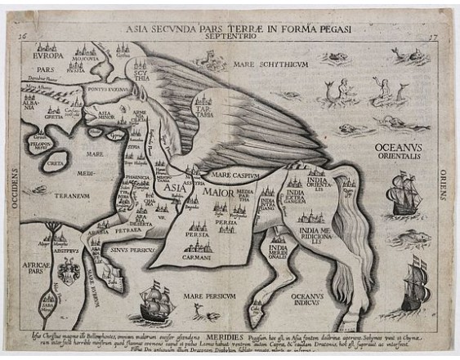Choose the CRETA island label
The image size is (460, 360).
coord(55,164)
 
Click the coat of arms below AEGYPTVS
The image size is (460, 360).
coord(70,269)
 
